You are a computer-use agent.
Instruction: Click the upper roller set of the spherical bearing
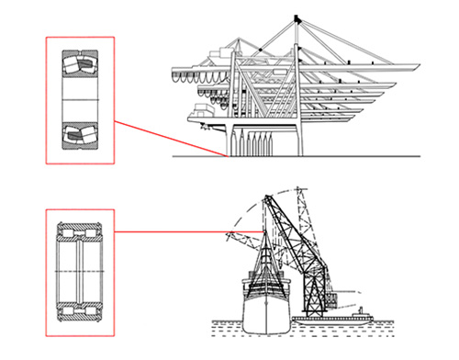79,65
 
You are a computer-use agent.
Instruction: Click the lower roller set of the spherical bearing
79,135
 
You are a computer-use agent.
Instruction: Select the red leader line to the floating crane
174,231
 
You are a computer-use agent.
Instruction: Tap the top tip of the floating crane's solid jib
267,197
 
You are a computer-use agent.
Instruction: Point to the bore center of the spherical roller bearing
79,100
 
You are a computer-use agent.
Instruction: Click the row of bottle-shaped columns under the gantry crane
253,143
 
